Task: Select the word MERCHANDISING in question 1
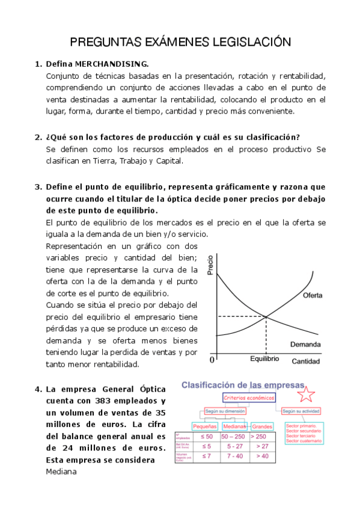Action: [114, 64]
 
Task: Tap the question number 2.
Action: [38, 137]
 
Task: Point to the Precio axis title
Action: [210, 265]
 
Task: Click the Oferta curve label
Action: [313, 296]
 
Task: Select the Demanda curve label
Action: [305, 345]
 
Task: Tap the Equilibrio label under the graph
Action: [264, 358]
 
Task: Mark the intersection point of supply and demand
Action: [266, 316]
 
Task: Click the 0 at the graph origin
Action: [212, 360]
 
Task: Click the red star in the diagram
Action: [307, 394]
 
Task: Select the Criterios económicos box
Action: [249, 398]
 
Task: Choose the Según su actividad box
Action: [301, 411]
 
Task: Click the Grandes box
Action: [262, 426]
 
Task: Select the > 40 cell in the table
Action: [263, 456]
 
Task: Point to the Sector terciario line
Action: [303, 436]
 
